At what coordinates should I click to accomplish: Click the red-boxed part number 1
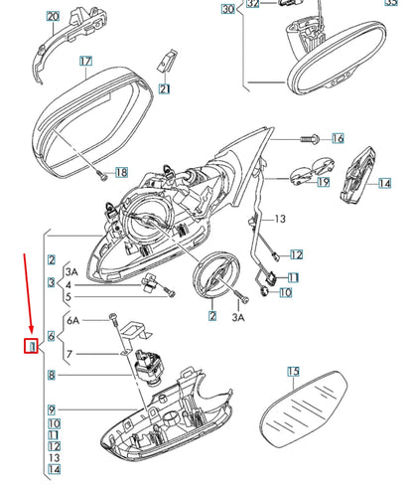32,346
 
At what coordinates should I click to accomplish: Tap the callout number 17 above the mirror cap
85,62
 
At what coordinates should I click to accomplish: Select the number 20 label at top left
53,16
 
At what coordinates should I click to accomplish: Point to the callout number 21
165,88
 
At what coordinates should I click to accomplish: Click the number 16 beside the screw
338,138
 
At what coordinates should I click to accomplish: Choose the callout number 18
122,172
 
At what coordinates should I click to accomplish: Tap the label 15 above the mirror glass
294,372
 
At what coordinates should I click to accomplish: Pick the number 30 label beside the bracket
228,9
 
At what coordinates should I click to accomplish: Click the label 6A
73,320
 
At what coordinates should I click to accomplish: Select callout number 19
324,182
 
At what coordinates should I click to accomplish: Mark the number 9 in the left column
52,409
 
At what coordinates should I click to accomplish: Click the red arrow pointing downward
28,293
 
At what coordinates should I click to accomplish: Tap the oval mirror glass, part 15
304,409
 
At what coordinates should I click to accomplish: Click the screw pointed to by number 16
309,138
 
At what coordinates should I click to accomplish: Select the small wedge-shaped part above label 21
167,61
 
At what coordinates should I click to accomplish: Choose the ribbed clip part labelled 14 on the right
357,174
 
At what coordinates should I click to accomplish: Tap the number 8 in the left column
52,375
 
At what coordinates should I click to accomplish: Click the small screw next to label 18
102,175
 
